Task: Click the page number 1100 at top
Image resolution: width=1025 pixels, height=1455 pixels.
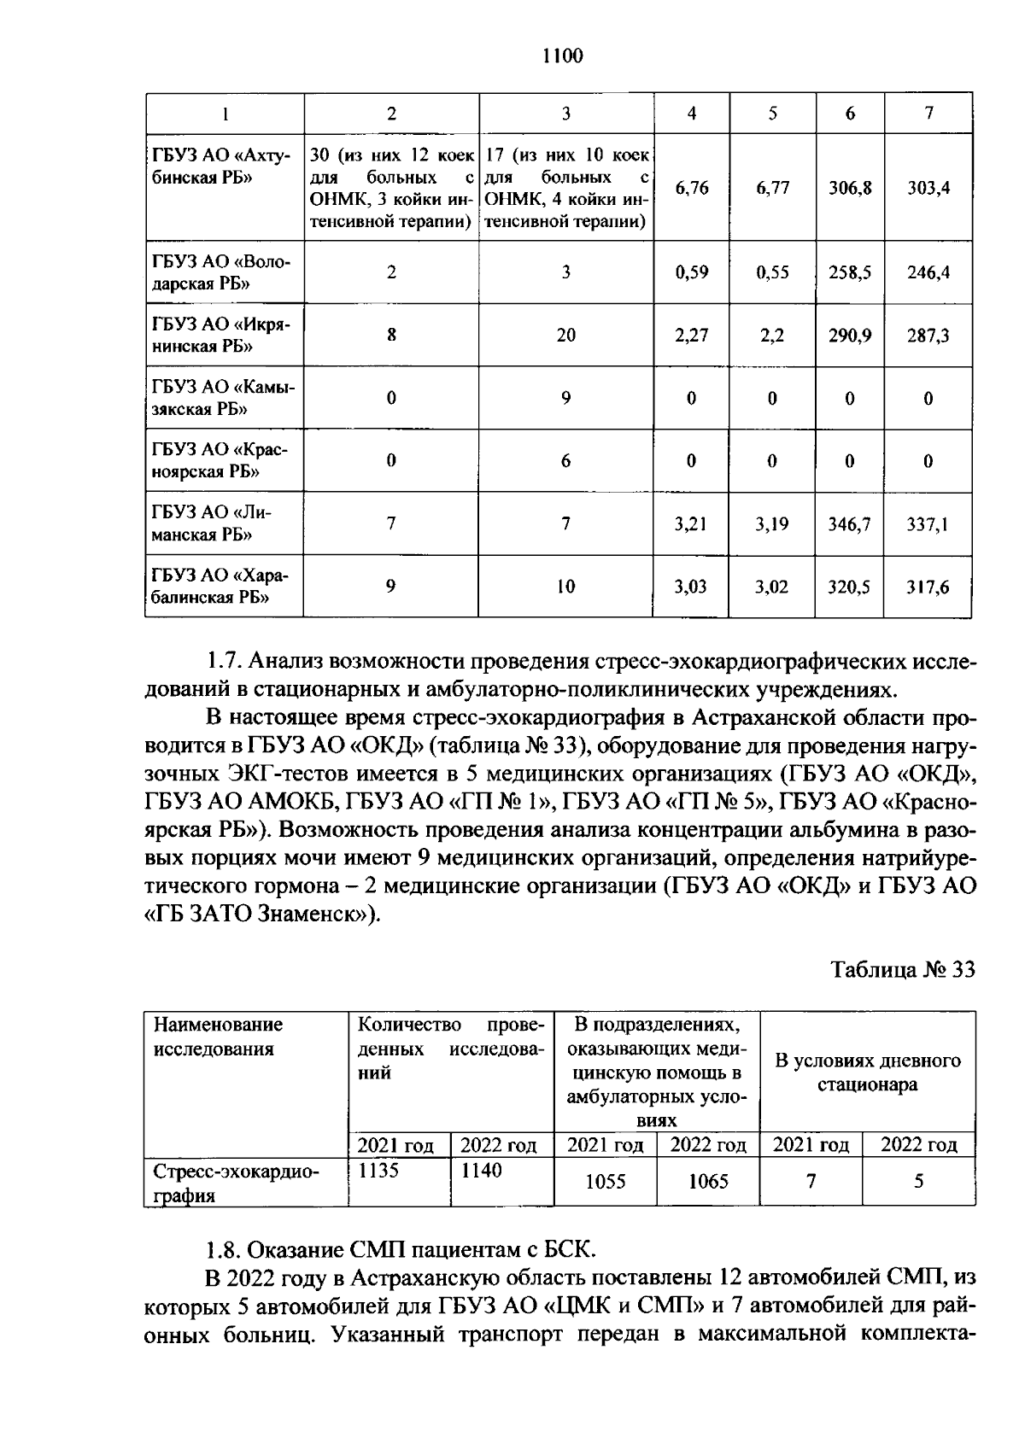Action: pyautogui.click(x=562, y=56)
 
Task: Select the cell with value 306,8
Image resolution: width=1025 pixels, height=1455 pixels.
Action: pyautogui.click(x=850, y=188)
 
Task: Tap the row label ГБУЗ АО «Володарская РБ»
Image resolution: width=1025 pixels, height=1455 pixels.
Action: pyautogui.click(x=223, y=272)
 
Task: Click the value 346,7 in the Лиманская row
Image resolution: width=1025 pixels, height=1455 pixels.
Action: pyautogui.click(x=850, y=523)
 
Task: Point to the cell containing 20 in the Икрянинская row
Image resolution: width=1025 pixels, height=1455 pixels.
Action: pyautogui.click(x=565, y=336)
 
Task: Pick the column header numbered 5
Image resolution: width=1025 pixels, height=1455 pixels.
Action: pyautogui.click(x=772, y=113)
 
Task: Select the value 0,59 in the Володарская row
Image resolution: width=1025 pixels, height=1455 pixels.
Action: pyautogui.click(x=691, y=273)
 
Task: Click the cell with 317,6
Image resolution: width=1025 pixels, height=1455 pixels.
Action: pyautogui.click(x=928, y=587)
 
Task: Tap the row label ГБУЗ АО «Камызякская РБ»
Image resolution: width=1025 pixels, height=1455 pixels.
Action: pyautogui.click(x=223, y=398)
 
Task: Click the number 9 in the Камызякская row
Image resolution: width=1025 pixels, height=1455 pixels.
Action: pyautogui.click(x=565, y=398)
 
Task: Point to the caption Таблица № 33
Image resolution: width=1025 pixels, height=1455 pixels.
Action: pyautogui.click(x=903, y=970)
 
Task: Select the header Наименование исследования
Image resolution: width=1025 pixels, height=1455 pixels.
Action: pyautogui.click(x=218, y=1036)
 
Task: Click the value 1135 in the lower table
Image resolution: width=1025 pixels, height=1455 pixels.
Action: pyautogui.click(x=378, y=1171)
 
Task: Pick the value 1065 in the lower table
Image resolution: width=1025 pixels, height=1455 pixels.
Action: pyautogui.click(x=708, y=1182)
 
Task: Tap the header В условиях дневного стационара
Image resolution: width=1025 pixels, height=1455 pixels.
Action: pyautogui.click(x=867, y=1072)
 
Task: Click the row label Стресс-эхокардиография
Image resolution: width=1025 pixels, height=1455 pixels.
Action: pyautogui.click(x=235, y=1183)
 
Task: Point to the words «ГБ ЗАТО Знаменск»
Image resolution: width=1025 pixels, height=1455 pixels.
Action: pyautogui.click(x=255, y=914)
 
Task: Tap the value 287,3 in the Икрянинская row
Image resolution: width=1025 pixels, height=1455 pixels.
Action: pyautogui.click(x=928, y=336)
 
